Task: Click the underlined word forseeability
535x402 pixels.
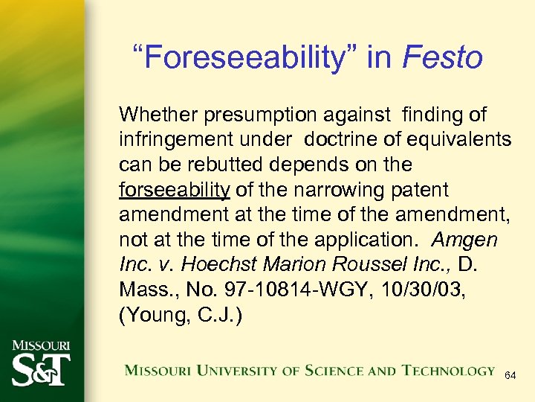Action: [174, 190]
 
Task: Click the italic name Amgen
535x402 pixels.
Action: [464, 240]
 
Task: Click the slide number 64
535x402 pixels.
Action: [510, 376]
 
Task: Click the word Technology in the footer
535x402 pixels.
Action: [449, 371]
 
